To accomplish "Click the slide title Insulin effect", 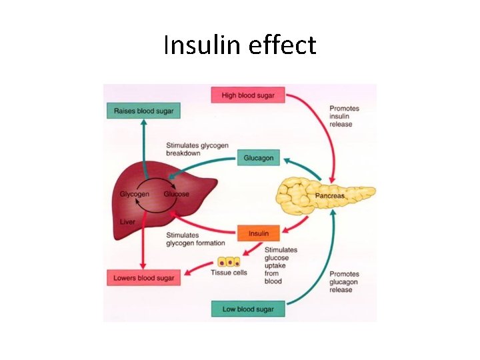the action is pos(239,45).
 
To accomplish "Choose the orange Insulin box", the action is pos(259,233).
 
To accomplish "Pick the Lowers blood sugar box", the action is pos(143,277).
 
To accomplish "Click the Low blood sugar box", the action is pos(243,309).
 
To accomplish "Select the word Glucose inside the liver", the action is pos(177,194).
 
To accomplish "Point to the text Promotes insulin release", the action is pos(344,116).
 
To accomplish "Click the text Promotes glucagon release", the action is pos(344,282).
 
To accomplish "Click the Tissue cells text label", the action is pos(229,273).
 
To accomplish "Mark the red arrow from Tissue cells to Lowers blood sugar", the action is pos(199,268).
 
